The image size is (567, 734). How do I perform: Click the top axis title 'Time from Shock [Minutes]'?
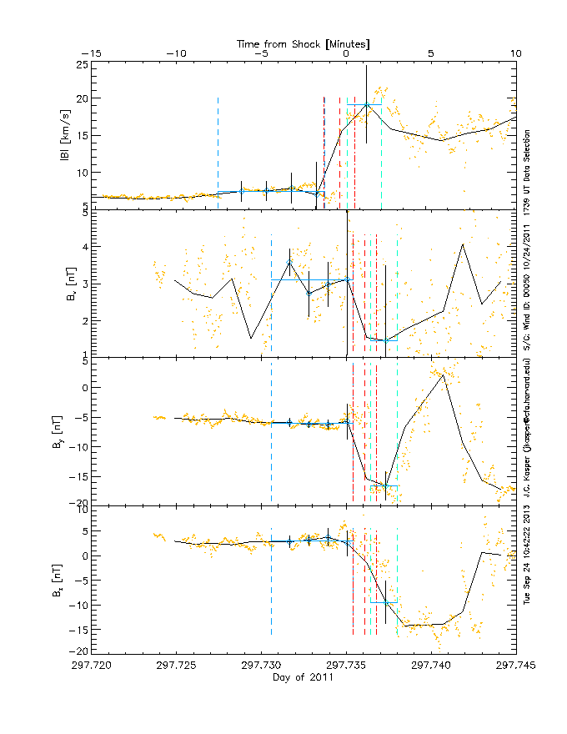pyautogui.click(x=304, y=42)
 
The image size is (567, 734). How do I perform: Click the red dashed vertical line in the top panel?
pyautogui.click(x=324, y=150)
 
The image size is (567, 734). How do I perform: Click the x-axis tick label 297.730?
pyautogui.click(x=260, y=666)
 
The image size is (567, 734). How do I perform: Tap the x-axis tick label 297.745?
pyautogui.click(x=516, y=666)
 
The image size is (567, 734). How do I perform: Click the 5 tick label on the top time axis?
pyautogui.click(x=431, y=53)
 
